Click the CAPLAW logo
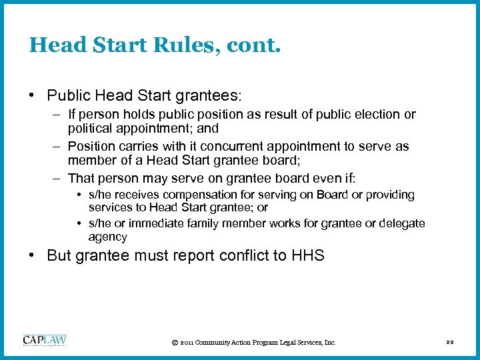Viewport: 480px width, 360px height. pyautogui.click(x=45, y=341)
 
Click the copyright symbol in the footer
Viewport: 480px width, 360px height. pyautogui.click(x=174, y=343)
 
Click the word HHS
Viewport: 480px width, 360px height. pyautogui.click(x=307, y=255)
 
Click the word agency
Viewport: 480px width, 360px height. pyautogui.click(x=107, y=237)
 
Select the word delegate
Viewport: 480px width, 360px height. pyautogui.click(x=402, y=223)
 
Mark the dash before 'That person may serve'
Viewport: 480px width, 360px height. pyautogui.click(x=57, y=177)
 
